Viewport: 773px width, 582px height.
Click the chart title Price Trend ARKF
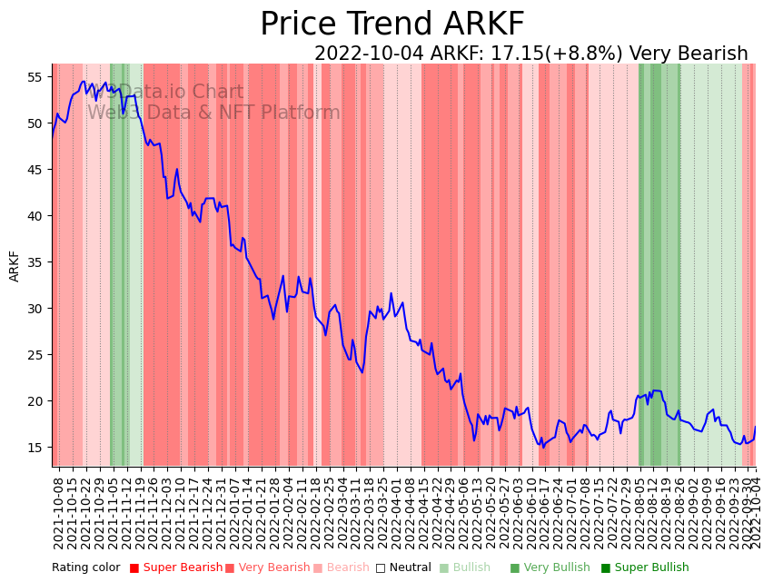point(391,25)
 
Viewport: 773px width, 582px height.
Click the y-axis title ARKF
point(15,266)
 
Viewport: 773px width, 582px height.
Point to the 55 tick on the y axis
point(35,76)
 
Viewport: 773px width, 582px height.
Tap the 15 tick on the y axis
point(35,448)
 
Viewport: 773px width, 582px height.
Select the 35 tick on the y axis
point(35,262)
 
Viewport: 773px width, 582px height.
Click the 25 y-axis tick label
point(35,355)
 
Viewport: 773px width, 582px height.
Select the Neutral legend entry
point(403,568)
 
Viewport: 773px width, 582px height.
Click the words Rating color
point(85,568)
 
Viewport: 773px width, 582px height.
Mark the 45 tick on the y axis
point(35,170)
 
